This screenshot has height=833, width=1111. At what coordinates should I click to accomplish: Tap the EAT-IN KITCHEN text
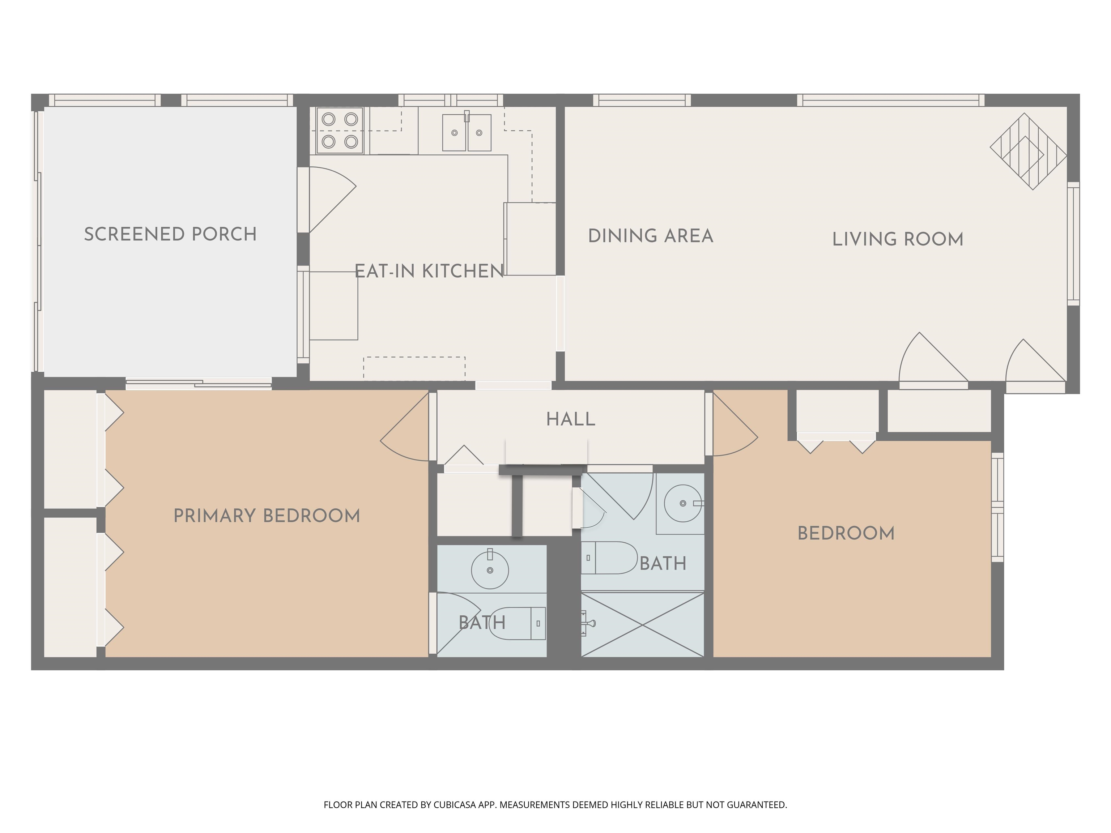[x=429, y=271]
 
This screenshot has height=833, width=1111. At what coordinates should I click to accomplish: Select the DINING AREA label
[x=650, y=236]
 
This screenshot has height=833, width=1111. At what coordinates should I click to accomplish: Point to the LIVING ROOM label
[x=898, y=239]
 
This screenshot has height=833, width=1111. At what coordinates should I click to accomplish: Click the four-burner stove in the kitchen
[x=340, y=131]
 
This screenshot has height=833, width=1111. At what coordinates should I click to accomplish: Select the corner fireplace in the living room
[x=1027, y=151]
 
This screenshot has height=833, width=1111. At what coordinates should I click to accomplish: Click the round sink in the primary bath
[x=490, y=569]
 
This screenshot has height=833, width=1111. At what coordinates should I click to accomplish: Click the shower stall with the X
[x=642, y=625]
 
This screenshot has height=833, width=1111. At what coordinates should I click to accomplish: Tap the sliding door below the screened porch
[x=199, y=385]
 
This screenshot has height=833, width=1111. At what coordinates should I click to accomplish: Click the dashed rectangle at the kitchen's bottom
[x=414, y=368]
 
